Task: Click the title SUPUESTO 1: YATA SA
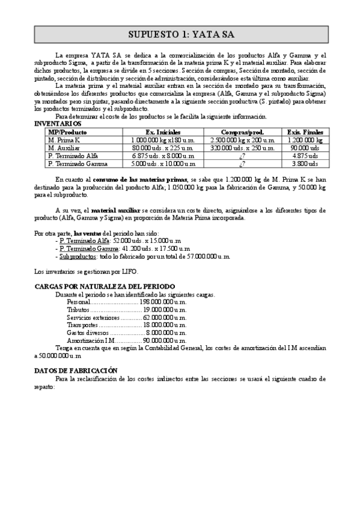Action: [x=180, y=34]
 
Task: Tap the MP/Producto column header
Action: [x=67, y=132]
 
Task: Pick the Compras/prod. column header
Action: [x=243, y=132]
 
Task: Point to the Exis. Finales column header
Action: [x=305, y=132]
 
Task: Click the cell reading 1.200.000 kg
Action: [x=305, y=140]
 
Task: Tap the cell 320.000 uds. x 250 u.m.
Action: [x=243, y=147]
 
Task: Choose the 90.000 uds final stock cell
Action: [x=305, y=147]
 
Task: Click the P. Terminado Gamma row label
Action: [x=73, y=163]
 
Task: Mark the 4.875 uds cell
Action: [x=305, y=155]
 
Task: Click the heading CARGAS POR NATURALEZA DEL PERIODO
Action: [x=105, y=286]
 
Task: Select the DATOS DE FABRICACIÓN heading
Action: [x=76, y=371]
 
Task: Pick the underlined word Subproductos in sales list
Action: [x=75, y=256]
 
